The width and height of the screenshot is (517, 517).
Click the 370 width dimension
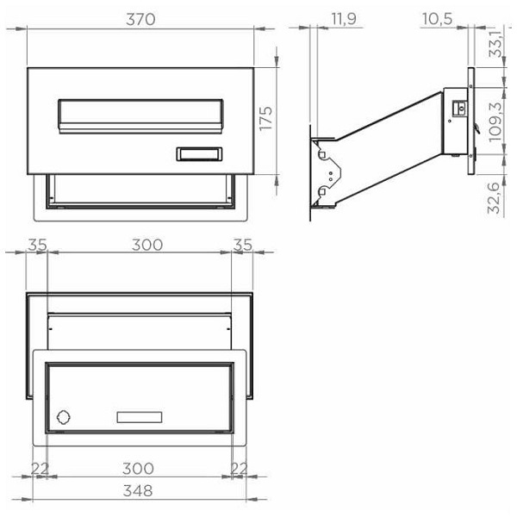tap(140, 20)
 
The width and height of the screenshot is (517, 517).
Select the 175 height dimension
tap(265, 118)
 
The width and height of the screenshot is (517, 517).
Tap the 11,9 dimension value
tap(344, 18)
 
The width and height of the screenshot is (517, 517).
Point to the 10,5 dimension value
tap(437, 19)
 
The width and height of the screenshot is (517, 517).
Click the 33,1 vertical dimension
tap(496, 44)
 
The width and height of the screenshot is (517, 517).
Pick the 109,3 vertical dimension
tap(495, 122)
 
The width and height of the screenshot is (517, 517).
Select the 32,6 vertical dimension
tap(495, 198)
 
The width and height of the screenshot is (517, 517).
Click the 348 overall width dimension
tap(138, 490)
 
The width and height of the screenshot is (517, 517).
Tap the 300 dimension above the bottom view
tap(147, 245)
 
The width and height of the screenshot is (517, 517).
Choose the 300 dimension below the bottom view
tap(138, 469)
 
